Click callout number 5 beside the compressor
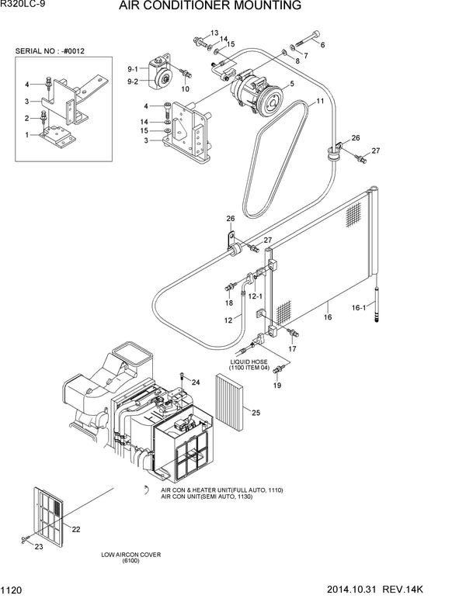pyautogui.click(x=291, y=84)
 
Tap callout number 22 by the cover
pyautogui.click(x=76, y=529)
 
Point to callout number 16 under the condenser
pyautogui.click(x=327, y=317)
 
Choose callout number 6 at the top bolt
pyautogui.click(x=322, y=46)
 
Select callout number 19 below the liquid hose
pyautogui.click(x=277, y=385)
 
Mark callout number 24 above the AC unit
pyautogui.click(x=196, y=382)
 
